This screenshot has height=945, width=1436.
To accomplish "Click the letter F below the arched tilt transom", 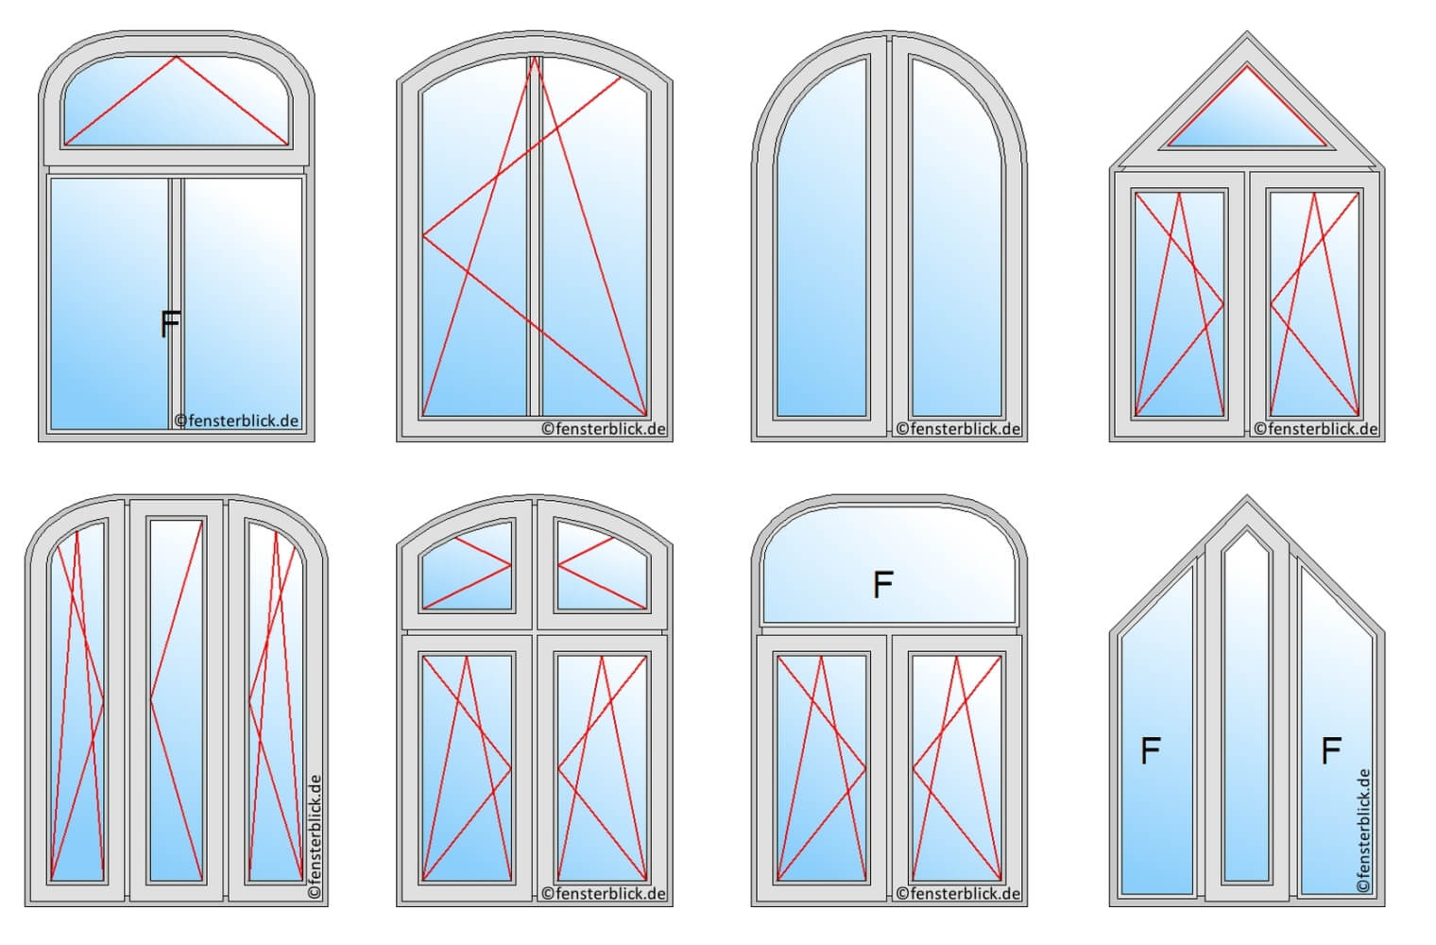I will (x=170, y=323).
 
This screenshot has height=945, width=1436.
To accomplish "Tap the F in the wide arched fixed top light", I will (x=883, y=585).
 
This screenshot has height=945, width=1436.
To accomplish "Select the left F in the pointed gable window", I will (x=1151, y=751).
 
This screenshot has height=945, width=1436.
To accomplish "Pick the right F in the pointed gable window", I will (x=1331, y=751).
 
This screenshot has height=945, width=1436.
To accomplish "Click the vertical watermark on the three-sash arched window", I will (x=316, y=836).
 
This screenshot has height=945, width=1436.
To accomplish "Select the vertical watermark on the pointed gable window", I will (x=1363, y=832).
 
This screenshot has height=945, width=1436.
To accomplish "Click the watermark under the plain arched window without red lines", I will (x=958, y=429).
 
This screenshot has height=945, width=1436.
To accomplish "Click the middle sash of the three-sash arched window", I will (x=177, y=699).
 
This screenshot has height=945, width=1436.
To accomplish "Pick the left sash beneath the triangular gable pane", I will (x=1179, y=303).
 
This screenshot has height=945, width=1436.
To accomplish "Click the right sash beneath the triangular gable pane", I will (x=1314, y=303).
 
